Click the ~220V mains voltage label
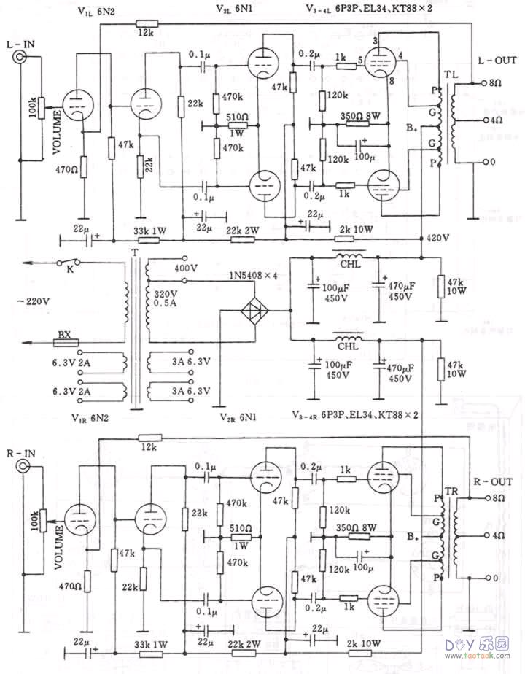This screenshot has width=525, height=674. coord(27,301)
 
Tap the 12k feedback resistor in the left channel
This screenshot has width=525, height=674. coord(144,23)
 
